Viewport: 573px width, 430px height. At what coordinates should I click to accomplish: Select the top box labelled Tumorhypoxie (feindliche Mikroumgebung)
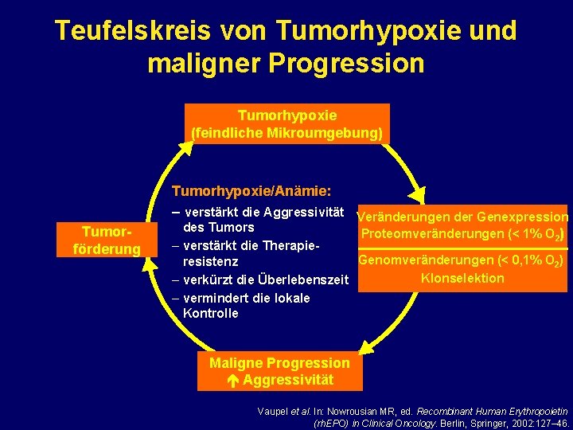286,123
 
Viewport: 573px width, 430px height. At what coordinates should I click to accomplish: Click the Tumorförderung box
106,240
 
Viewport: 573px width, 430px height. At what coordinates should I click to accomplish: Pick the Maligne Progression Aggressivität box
279,371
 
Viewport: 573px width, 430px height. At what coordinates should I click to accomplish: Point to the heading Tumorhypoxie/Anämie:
251,191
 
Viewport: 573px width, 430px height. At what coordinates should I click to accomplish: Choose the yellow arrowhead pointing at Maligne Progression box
364,346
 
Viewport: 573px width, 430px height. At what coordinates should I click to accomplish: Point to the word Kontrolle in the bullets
210,313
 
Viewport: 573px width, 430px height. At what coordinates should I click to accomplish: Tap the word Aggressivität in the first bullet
300,212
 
